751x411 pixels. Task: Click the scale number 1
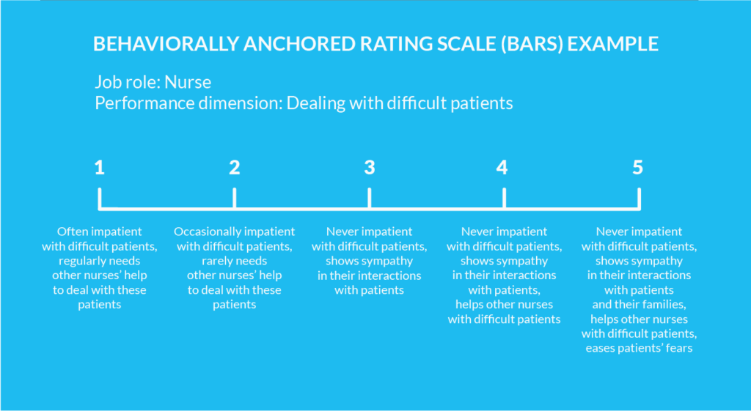pyautogui.click(x=100, y=168)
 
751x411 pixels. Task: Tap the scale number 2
pyautogui.click(x=235, y=168)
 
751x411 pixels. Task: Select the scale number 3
pyautogui.click(x=369, y=168)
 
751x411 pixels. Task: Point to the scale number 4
pyautogui.click(x=502, y=168)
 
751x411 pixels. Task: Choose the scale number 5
pyautogui.click(x=638, y=168)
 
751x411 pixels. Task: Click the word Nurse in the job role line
pyautogui.click(x=188, y=81)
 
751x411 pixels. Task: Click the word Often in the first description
pyautogui.click(x=71, y=232)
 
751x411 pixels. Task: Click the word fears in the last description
pyautogui.click(x=677, y=349)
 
